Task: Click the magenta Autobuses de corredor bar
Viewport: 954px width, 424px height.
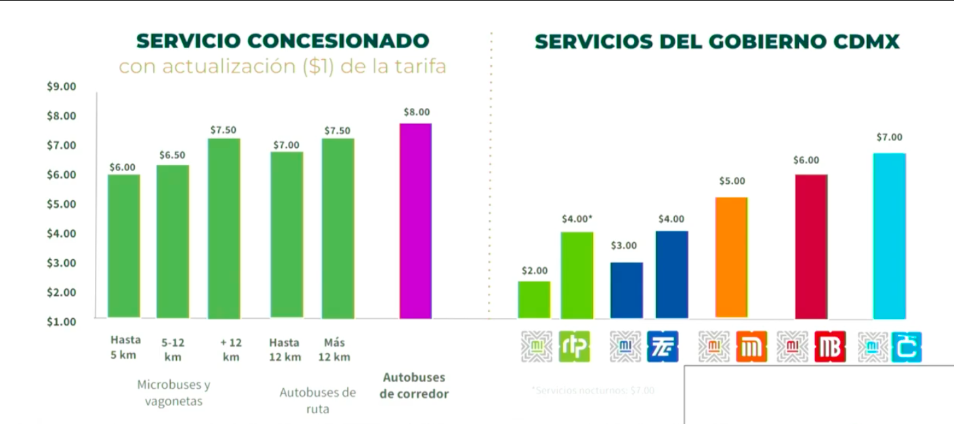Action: pyautogui.click(x=415, y=220)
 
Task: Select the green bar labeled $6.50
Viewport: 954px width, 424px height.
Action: pyautogui.click(x=173, y=241)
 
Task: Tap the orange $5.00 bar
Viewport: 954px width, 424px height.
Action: pyautogui.click(x=731, y=257)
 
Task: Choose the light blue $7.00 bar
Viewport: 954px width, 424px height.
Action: pyautogui.click(x=889, y=235)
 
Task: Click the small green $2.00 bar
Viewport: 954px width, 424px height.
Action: pyautogui.click(x=534, y=299)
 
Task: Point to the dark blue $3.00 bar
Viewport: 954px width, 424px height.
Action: pyautogui.click(x=626, y=290)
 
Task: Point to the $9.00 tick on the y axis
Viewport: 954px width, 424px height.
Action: pyautogui.click(x=61, y=87)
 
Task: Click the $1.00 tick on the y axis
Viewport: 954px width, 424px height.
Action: pyautogui.click(x=61, y=322)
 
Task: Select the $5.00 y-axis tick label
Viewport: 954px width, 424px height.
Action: pyautogui.click(x=61, y=204)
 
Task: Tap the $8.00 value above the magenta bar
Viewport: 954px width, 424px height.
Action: pyautogui.click(x=416, y=112)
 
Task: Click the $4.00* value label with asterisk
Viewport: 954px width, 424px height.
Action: pyautogui.click(x=577, y=219)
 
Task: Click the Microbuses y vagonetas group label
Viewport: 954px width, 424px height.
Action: pyautogui.click(x=174, y=393)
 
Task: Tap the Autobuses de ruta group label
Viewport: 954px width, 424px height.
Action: pyautogui.click(x=317, y=400)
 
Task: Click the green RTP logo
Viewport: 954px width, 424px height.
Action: pyautogui.click(x=575, y=347)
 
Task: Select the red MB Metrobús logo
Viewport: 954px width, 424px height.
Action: pyautogui.click(x=830, y=347)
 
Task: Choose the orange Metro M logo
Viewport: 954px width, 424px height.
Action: pyautogui.click(x=751, y=347)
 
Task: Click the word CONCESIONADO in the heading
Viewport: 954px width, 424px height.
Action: pyautogui.click(x=338, y=41)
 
